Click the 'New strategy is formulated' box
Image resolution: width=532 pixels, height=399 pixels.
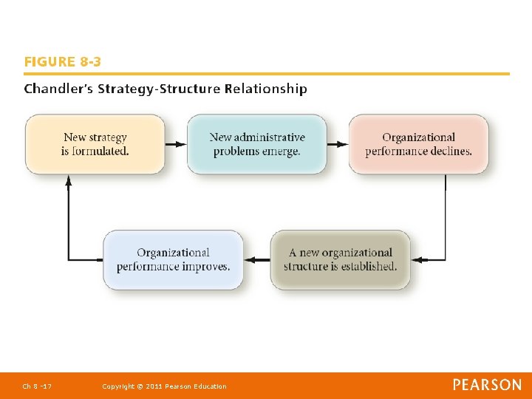[x=95, y=144]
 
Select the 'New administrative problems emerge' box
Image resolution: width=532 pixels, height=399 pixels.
[x=256, y=144]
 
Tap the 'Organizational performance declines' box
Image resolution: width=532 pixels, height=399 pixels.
[x=418, y=144]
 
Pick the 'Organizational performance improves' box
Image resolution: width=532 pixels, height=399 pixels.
[x=173, y=259]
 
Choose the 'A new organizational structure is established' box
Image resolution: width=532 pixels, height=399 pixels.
[x=340, y=259]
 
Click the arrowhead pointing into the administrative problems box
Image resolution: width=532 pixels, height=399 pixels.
[x=182, y=144]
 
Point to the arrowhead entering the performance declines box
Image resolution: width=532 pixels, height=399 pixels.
[x=344, y=144]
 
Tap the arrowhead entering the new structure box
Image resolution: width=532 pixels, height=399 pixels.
[x=416, y=259]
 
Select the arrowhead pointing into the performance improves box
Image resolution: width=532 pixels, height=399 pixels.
[x=248, y=259]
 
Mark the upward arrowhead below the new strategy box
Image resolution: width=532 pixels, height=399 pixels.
[x=69, y=180]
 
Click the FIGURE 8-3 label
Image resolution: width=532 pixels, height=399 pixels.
[x=63, y=62]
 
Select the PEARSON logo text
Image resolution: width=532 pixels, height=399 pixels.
[x=487, y=385]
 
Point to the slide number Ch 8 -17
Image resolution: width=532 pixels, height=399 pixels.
[x=36, y=386]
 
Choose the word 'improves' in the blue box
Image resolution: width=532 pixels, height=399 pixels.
[x=205, y=267]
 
